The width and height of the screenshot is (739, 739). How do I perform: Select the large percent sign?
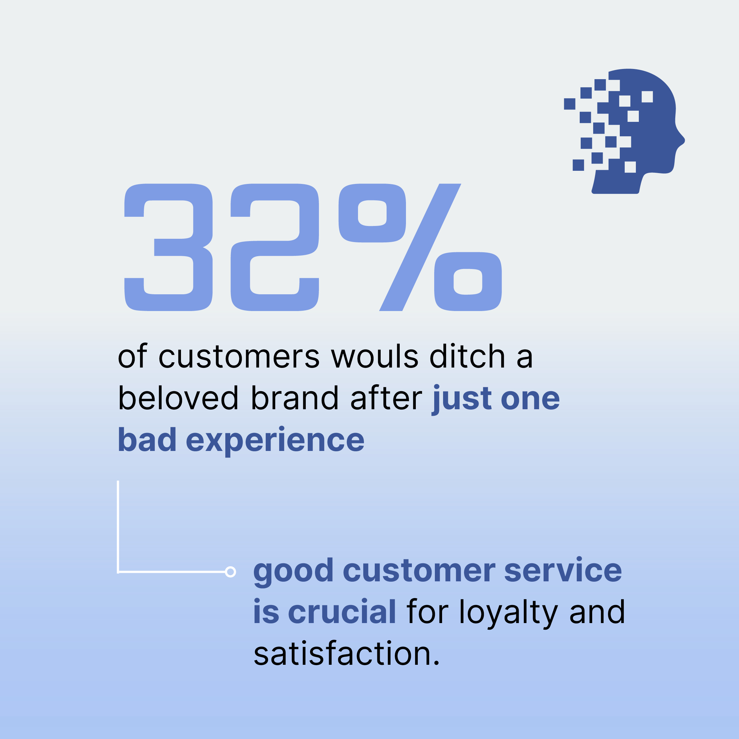click(420, 247)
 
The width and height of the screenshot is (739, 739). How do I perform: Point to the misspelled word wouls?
click(375, 356)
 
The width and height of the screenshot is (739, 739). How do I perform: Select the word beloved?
click(179, 398)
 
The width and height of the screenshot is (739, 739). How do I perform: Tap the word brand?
click(295, 398)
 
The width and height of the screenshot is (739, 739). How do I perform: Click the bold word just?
click(462, 399)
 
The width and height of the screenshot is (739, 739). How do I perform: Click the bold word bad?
click(147, 439)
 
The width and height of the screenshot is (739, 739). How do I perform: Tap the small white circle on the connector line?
click(230, 572)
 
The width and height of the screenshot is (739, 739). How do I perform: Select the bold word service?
click(563, 570)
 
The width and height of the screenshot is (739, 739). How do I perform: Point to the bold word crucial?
click(342, 612)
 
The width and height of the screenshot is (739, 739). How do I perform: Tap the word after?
click(386, 398)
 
